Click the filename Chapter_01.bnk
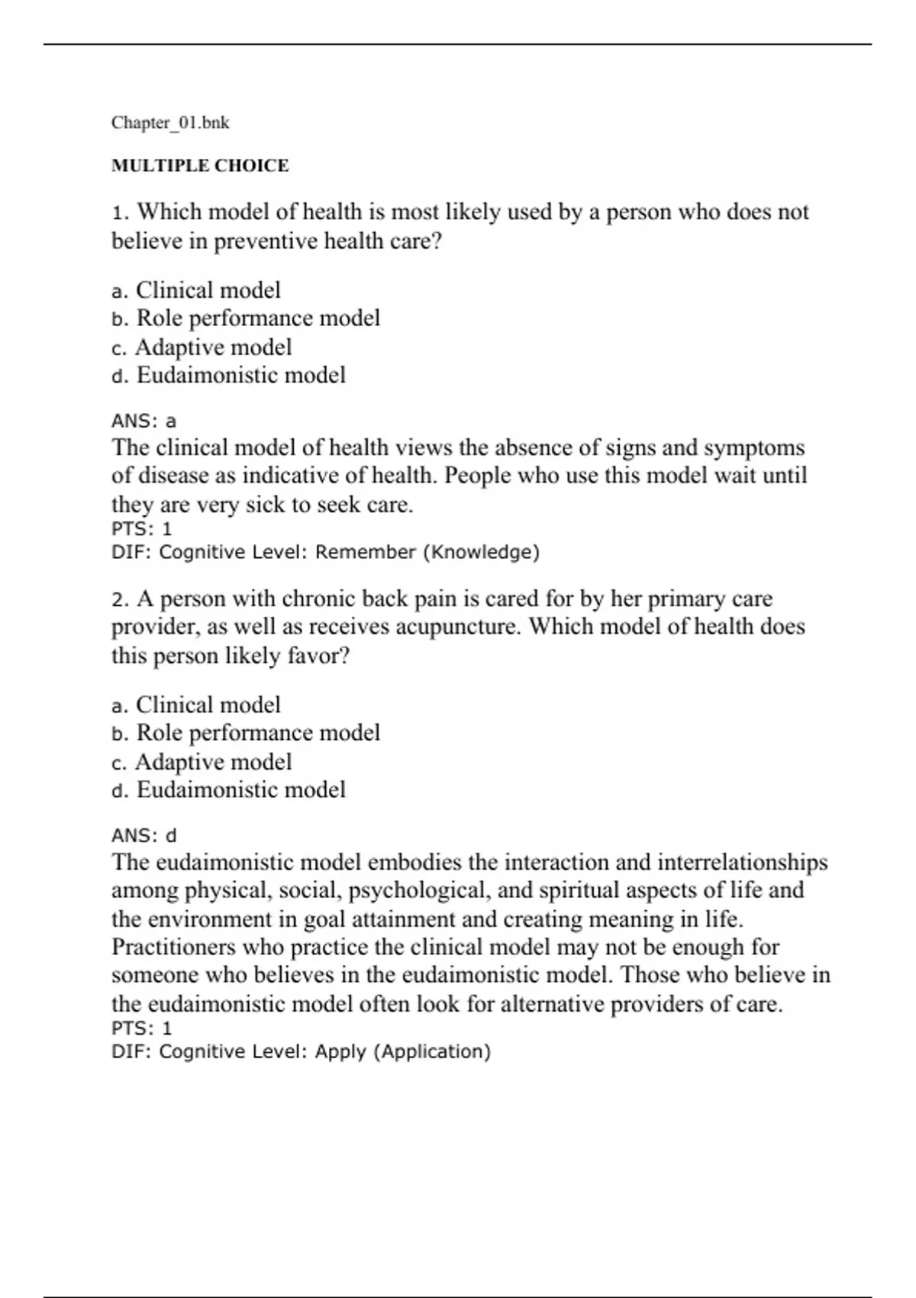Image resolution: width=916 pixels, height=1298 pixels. pyautogui.click(x=170, y=123)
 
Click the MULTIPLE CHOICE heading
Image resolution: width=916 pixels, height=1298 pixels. pyautogui.click(x=200, y=166)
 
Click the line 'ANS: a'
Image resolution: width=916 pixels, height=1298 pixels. pyautogui.click(x=144, y=421)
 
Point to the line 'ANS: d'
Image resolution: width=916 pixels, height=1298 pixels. pyautogui.click(x=144, y=836)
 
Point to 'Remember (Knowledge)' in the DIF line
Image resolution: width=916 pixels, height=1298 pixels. pyautogui.click(x=427, y=552)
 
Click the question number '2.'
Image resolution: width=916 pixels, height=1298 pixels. pyautogui.click(x=121, y=599)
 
